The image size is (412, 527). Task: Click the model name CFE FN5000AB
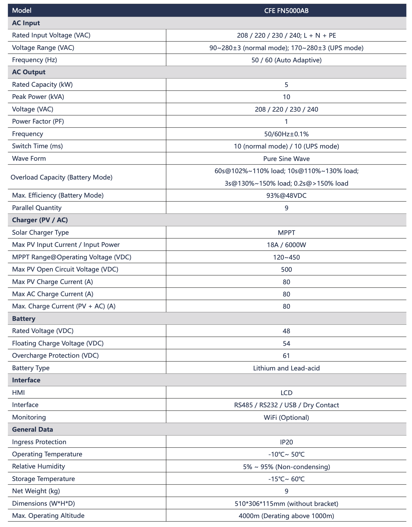coord(286,11)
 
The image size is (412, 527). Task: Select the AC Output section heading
coord(29,72)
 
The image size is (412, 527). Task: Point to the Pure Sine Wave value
coord(286,159)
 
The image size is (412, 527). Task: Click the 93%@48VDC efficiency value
coord(286,196)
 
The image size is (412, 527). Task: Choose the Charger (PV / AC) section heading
coord(40,220)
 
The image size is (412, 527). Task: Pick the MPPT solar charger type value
coord(286,232)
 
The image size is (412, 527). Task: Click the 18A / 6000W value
coord(286,245)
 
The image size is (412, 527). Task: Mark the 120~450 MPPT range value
coord(286,257)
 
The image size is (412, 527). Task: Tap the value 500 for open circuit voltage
coord(286,270)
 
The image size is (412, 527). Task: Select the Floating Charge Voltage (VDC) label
coord(58,343)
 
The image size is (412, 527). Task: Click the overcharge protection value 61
coord(286,356)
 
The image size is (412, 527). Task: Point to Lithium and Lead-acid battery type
coord(286,368)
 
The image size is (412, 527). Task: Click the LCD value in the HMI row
coord(286,393)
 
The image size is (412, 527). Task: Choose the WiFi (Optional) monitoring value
coord(286,418)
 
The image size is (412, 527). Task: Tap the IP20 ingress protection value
coord(286,442)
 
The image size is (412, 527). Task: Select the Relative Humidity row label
coord(38,466)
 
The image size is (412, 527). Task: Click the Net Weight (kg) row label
coord(36,491)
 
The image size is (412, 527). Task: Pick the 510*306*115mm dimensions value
coord(286,504)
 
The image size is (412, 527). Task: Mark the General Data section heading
coord(32,429)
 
